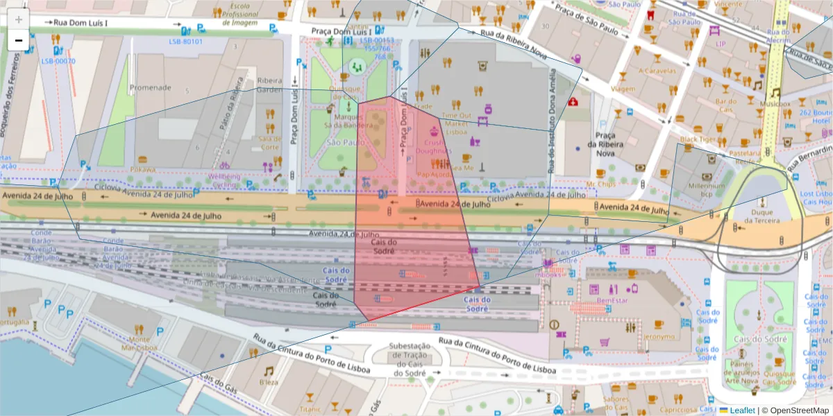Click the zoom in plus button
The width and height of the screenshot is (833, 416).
click(x=18, y=19)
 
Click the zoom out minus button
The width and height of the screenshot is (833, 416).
click(x=18, y=40)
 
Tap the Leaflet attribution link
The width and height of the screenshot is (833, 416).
click(x=742, y=410)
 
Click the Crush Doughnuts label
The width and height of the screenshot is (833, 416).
click(x=434, y=147)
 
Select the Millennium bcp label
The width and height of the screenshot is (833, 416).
click(x=706, y=189)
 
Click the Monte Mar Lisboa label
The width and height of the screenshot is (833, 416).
click(x=140, y=343)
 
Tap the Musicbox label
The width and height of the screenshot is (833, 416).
click(x=775, y=104)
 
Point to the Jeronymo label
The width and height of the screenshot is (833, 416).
click(x=659, y=337)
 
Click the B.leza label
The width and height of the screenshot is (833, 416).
click(x=269, y=382)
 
